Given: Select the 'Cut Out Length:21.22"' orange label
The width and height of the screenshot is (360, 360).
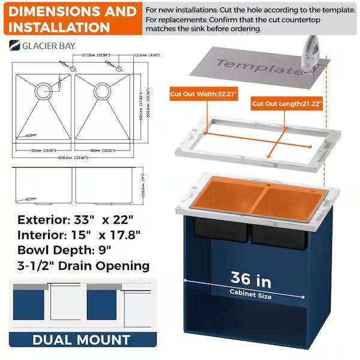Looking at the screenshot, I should coord(287,104).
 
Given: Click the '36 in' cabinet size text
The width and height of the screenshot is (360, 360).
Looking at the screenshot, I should coord(251,280).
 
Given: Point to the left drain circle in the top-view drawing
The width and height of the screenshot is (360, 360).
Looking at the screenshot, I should coord(43,91).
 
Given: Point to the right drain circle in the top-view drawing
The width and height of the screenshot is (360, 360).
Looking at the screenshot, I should coord(100,91).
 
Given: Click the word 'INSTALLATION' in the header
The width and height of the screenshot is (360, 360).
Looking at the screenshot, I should coord(59,27).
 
